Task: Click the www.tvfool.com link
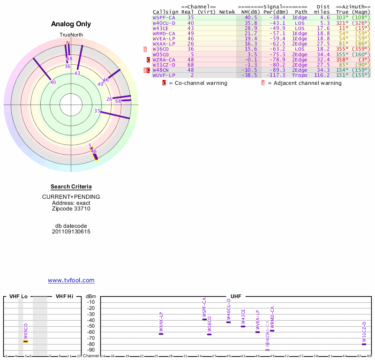pos(71,280)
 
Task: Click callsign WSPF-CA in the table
pos(164,17)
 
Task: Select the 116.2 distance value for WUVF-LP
pos(322,75)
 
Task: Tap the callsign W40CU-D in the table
pos(164,22)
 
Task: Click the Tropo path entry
pos(300,75)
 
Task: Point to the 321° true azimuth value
pos(343,22)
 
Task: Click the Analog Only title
pos(71,24)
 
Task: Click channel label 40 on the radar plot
pos(53,82)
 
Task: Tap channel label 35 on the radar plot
pos(97,111)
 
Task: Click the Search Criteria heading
pos(71,187)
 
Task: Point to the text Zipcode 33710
pos(71,209)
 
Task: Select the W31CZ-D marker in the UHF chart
pos(364,344)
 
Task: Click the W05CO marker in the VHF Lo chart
pos(26,341)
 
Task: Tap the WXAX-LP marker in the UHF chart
pos(161,334)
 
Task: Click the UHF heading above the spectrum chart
pos(235,297)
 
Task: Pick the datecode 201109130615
pos(71,232)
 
